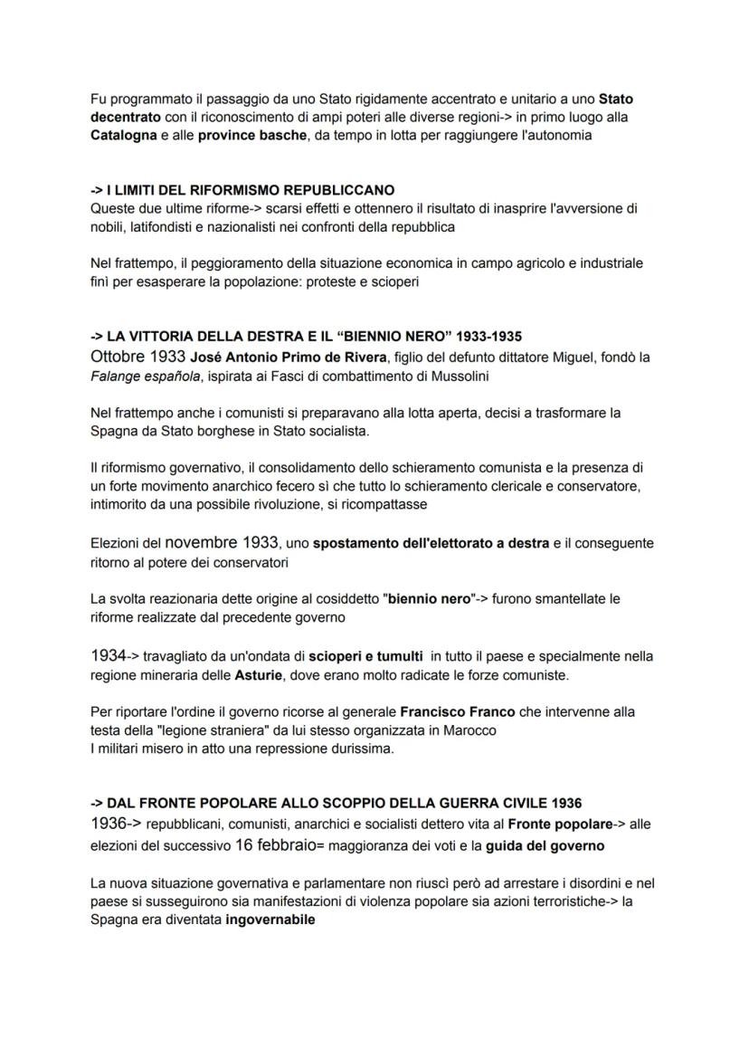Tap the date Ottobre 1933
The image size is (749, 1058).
138,357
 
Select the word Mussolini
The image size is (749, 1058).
458,375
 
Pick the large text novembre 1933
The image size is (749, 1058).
222,543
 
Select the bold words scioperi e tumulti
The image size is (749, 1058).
365,655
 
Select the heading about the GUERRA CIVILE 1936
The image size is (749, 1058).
336,803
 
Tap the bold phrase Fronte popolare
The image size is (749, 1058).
554,824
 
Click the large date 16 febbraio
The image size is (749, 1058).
275,845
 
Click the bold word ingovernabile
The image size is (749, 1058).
270,919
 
